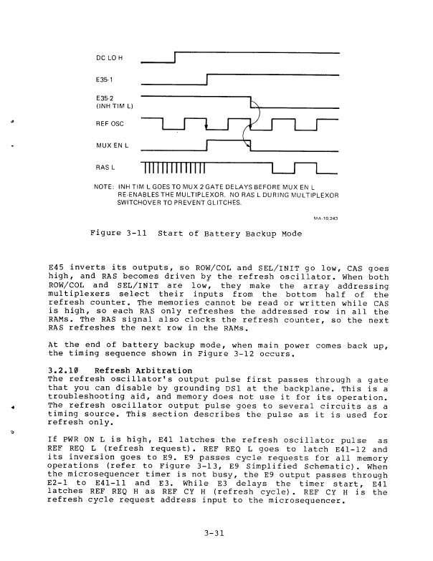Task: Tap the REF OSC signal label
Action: [x=109, y=124]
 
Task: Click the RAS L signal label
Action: [x=106, y=168]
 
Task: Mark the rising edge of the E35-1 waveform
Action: [x=206, y=80]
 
